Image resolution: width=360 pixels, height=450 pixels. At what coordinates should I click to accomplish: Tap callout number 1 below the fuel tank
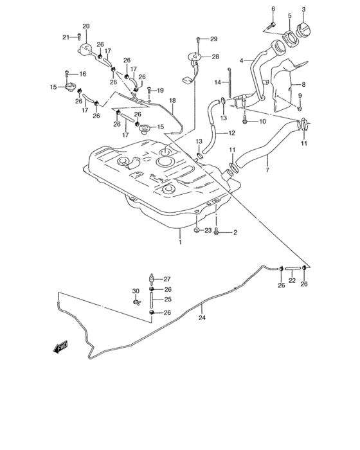point(181,242)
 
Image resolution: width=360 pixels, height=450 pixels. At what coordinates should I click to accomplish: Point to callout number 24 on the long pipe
point(202,316)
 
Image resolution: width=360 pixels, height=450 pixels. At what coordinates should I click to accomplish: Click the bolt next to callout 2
point(217,231)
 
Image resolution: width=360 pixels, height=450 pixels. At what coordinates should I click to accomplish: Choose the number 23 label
point(208,230)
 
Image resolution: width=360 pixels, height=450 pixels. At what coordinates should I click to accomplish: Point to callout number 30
point(136,291)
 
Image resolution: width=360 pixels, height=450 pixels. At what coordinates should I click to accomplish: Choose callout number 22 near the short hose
point(291,280)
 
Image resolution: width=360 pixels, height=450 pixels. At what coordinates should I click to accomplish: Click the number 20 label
point(86,26)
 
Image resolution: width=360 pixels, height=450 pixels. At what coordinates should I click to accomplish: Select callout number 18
point(172,101)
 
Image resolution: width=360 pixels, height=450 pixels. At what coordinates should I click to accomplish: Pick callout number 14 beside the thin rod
point(217,82)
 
